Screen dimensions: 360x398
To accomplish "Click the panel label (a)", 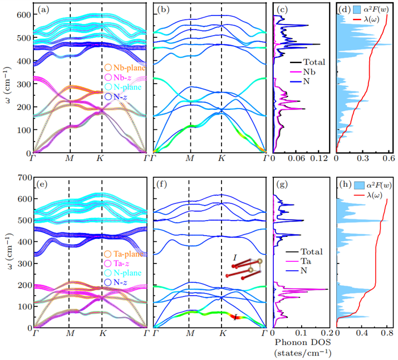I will point(44,9).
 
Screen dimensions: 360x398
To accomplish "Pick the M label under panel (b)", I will point(190,159).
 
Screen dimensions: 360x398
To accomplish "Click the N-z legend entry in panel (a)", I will point(123,97).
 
